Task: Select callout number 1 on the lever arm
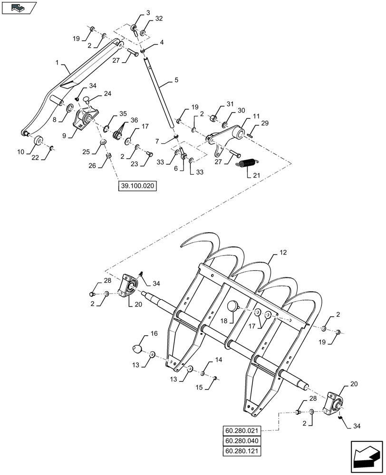coord(57,63)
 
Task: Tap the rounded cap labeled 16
coord(138,349)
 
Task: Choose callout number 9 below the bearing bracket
coord(69,135)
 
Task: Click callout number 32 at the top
coord(159,19)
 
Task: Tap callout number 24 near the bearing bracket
coord(108,94)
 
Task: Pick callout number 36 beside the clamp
coord(135,121)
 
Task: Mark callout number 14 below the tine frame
coord(218,361)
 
